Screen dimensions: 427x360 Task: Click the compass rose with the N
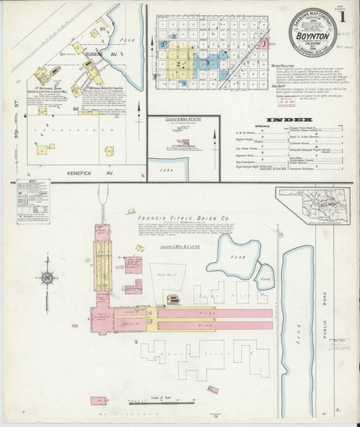pos(47,277)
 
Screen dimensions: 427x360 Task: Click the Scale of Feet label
pos(161,394)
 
